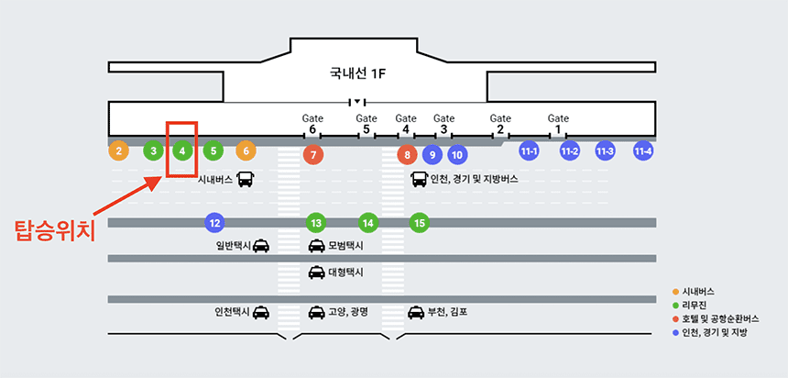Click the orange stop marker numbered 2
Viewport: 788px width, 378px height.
coord(118,150)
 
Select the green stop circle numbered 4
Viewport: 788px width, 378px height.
coord(182,150)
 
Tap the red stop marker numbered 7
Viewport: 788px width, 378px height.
coord(313,155)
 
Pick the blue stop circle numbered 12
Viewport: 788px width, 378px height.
coord(214,222)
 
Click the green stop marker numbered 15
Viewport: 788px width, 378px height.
coord(419,222)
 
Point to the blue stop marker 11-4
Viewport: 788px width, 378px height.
coord(643,150)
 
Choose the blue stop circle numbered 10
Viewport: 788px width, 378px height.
coord(457,155)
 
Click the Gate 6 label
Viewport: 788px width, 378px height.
coord(313,124)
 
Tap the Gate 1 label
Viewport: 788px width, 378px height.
coord(558,124)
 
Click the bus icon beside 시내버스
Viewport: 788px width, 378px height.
coord(246,180)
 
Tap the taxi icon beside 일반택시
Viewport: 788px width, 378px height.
coord(261,245)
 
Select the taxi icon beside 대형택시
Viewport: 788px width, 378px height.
coord(316,272)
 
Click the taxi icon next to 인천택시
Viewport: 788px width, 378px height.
coord(261,312)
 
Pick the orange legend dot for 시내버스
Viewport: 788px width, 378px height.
coord(675,291)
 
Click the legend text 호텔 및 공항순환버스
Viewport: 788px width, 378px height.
coord(728,318)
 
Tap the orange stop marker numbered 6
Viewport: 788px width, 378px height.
coord(245,150)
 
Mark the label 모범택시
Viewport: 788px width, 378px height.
coord(345,246)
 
